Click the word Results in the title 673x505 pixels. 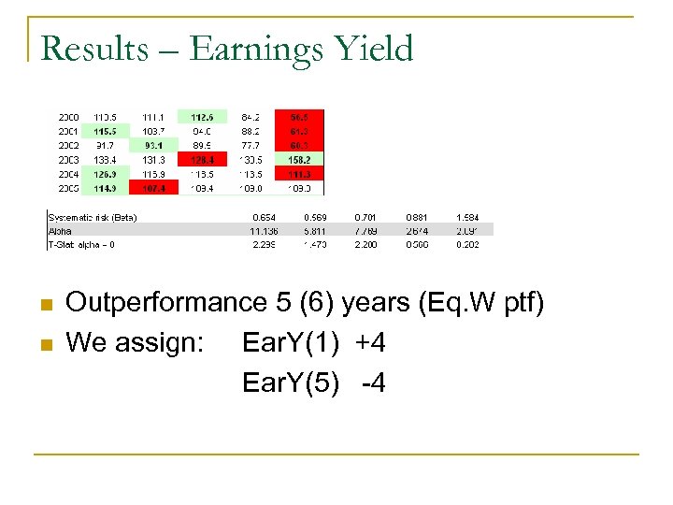coord(94,48)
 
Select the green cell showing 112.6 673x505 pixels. coord(202,117)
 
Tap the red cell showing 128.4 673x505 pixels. coord(202,159)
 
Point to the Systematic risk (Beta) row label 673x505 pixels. coord(93,218)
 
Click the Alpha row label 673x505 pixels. coord(59,231)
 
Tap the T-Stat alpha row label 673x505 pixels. coord(82,244)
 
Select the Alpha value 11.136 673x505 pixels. coord(265,231)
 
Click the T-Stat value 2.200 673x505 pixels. coord(365,244)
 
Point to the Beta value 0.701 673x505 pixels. coord(365,218)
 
